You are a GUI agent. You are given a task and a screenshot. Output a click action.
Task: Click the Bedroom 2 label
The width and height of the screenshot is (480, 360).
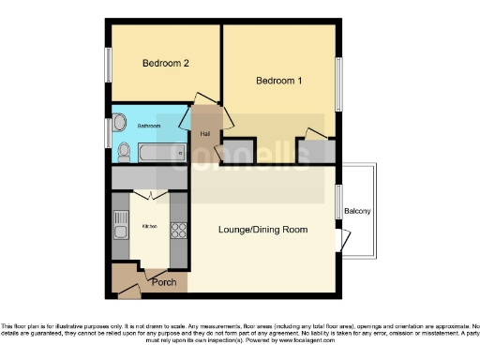(x=166, y=64)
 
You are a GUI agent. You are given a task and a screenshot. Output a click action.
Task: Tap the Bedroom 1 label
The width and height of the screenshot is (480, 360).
(x=279, y=81)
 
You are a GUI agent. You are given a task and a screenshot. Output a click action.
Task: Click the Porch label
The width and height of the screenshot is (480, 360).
(x=164, y=281)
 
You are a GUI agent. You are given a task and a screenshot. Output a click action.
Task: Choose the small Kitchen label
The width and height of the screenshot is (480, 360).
(x=149, y=227)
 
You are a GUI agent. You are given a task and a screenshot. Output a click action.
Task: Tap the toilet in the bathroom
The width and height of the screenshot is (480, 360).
(x=124, y=150)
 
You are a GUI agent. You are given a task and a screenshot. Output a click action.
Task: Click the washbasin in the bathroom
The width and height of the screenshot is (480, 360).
(x=121, y=124)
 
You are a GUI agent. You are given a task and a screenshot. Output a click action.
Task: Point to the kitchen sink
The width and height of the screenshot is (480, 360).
(x=119, y=225)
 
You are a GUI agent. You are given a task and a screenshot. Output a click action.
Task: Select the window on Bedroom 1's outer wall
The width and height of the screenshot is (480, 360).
(x=339, y=82)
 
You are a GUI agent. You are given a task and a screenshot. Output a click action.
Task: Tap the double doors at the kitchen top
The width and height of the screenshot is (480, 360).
(x=149, y=194)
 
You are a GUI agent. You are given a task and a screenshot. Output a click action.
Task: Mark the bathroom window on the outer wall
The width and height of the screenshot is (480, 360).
(x=108, y=133)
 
